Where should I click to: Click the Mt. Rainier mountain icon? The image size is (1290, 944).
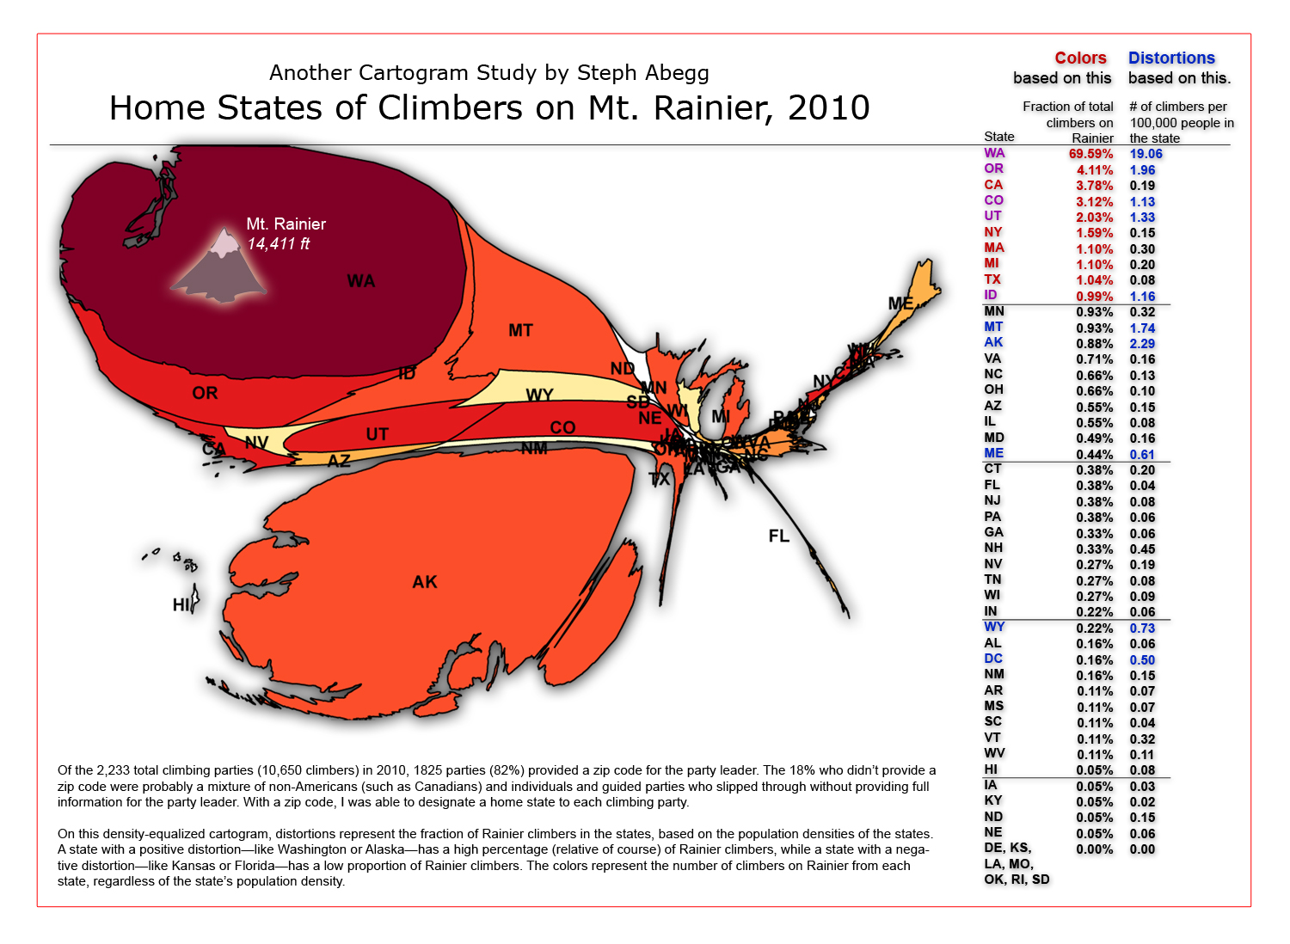pyautogui.click(x=220, y=267)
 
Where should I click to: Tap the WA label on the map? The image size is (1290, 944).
pyautogui.click(x=360, y=281)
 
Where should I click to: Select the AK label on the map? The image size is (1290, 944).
pyautogui.click(x=425, y=582)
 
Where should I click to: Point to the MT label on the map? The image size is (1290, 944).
pyautogui.click(x=520, y=330)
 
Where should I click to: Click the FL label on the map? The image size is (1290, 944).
pyautogui.click(x=778, y=536)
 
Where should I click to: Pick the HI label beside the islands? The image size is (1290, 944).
pyautogui.click(x=181, y=604)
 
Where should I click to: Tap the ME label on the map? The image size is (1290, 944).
pyautogui.click(x=900, y=303)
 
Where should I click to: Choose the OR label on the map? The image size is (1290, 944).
pyautogui.click(x=205, y=393)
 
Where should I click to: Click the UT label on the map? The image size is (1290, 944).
pyautogui.click(x=377, y=434)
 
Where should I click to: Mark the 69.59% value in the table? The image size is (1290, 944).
pyautogui.click(x=1090, y=154)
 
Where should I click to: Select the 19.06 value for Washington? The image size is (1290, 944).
pyautogui.click(x=1146, y=154)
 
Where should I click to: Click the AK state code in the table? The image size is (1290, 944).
pyautogui.click(x=993, y=342)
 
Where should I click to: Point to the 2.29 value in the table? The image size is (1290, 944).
pyautogui.click(x=1142, y=344)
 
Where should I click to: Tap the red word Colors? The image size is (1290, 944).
pyautogui.click(x=1080, y=58)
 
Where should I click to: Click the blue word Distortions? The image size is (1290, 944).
pyautogui.click(x=1171, y=58)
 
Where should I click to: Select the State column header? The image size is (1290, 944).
pyautogui.click(x=998, y=137)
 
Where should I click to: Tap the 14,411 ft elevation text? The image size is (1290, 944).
pyautogui.click(x=278, y=244)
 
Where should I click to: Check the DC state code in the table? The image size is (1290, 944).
pyautogui.click(x=993, y=659)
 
